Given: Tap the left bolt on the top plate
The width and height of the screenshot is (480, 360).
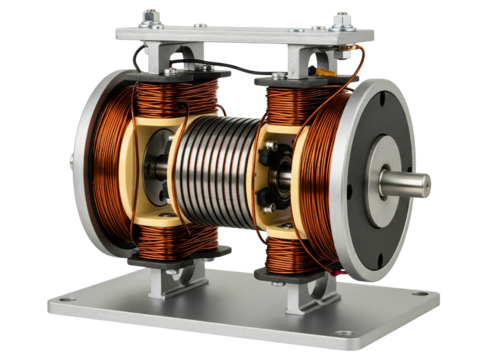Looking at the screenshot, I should [152, 17].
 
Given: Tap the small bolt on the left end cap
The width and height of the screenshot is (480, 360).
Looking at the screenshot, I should [70, 163].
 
